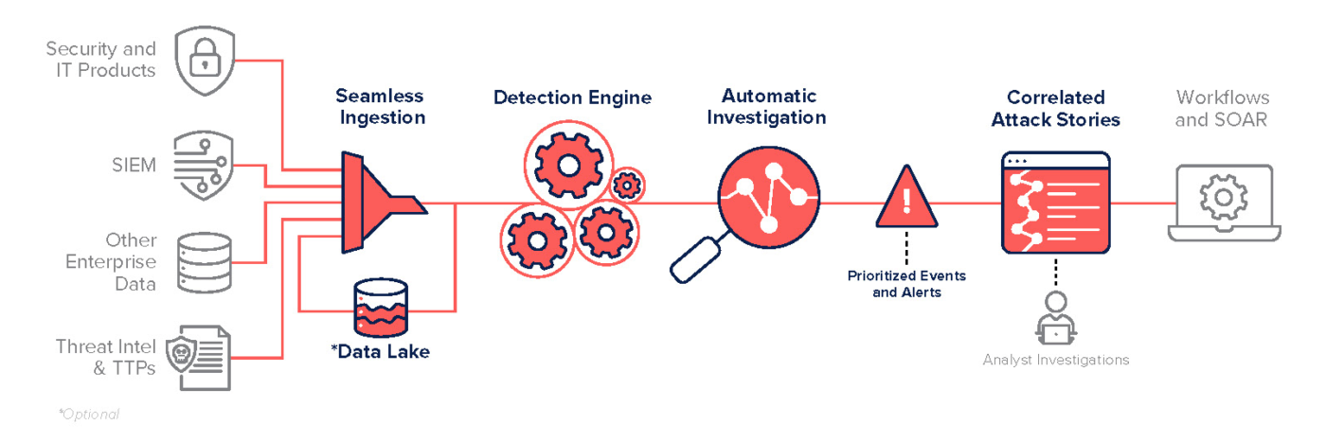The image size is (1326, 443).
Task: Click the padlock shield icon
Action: coord(205,62)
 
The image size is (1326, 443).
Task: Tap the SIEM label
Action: coord(134,167)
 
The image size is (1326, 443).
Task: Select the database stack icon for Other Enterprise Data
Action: coord(205,262)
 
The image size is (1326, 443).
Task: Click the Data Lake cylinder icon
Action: coord(380,307)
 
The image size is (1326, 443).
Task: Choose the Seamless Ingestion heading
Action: coord(380,107)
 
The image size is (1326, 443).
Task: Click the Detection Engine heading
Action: coord(572,97)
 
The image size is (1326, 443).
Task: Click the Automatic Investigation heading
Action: coord(766,107)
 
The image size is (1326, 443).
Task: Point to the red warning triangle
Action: coord(906,198)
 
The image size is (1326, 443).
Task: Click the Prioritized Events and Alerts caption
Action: coord(906,284)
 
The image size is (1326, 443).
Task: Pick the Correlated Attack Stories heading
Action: coord(1056,109)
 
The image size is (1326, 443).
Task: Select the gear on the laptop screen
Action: coord(1223,197)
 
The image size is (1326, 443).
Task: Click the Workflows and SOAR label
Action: coord(1222,108)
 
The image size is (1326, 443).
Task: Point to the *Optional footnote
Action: coord(89,414)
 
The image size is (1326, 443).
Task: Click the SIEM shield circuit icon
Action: coord(204,167)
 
